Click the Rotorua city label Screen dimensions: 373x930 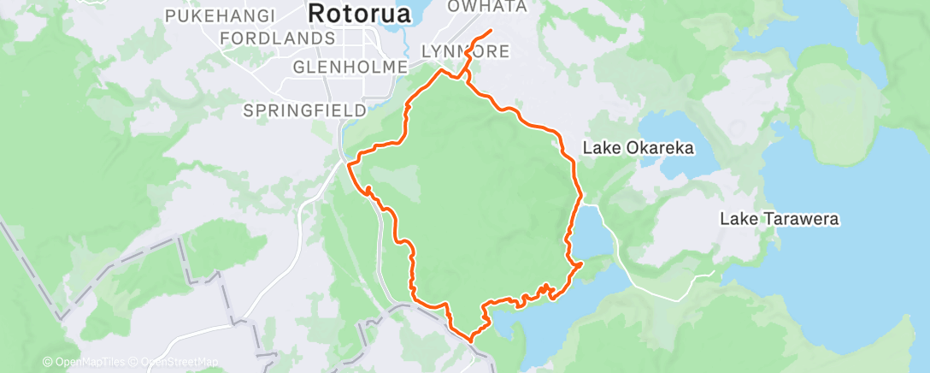tap(358, 14)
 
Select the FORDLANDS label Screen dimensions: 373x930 tap(277, 38)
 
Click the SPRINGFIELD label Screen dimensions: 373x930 tap(305, 110)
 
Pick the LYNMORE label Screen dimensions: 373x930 tap(466, 52)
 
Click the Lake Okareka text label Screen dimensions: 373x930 tap(638, 148)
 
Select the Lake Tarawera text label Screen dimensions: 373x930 tap(779, 220)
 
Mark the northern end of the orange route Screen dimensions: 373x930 tap(491, 31)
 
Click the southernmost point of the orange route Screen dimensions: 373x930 tap(469, 339)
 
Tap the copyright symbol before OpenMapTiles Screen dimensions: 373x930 tap(47, 362)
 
